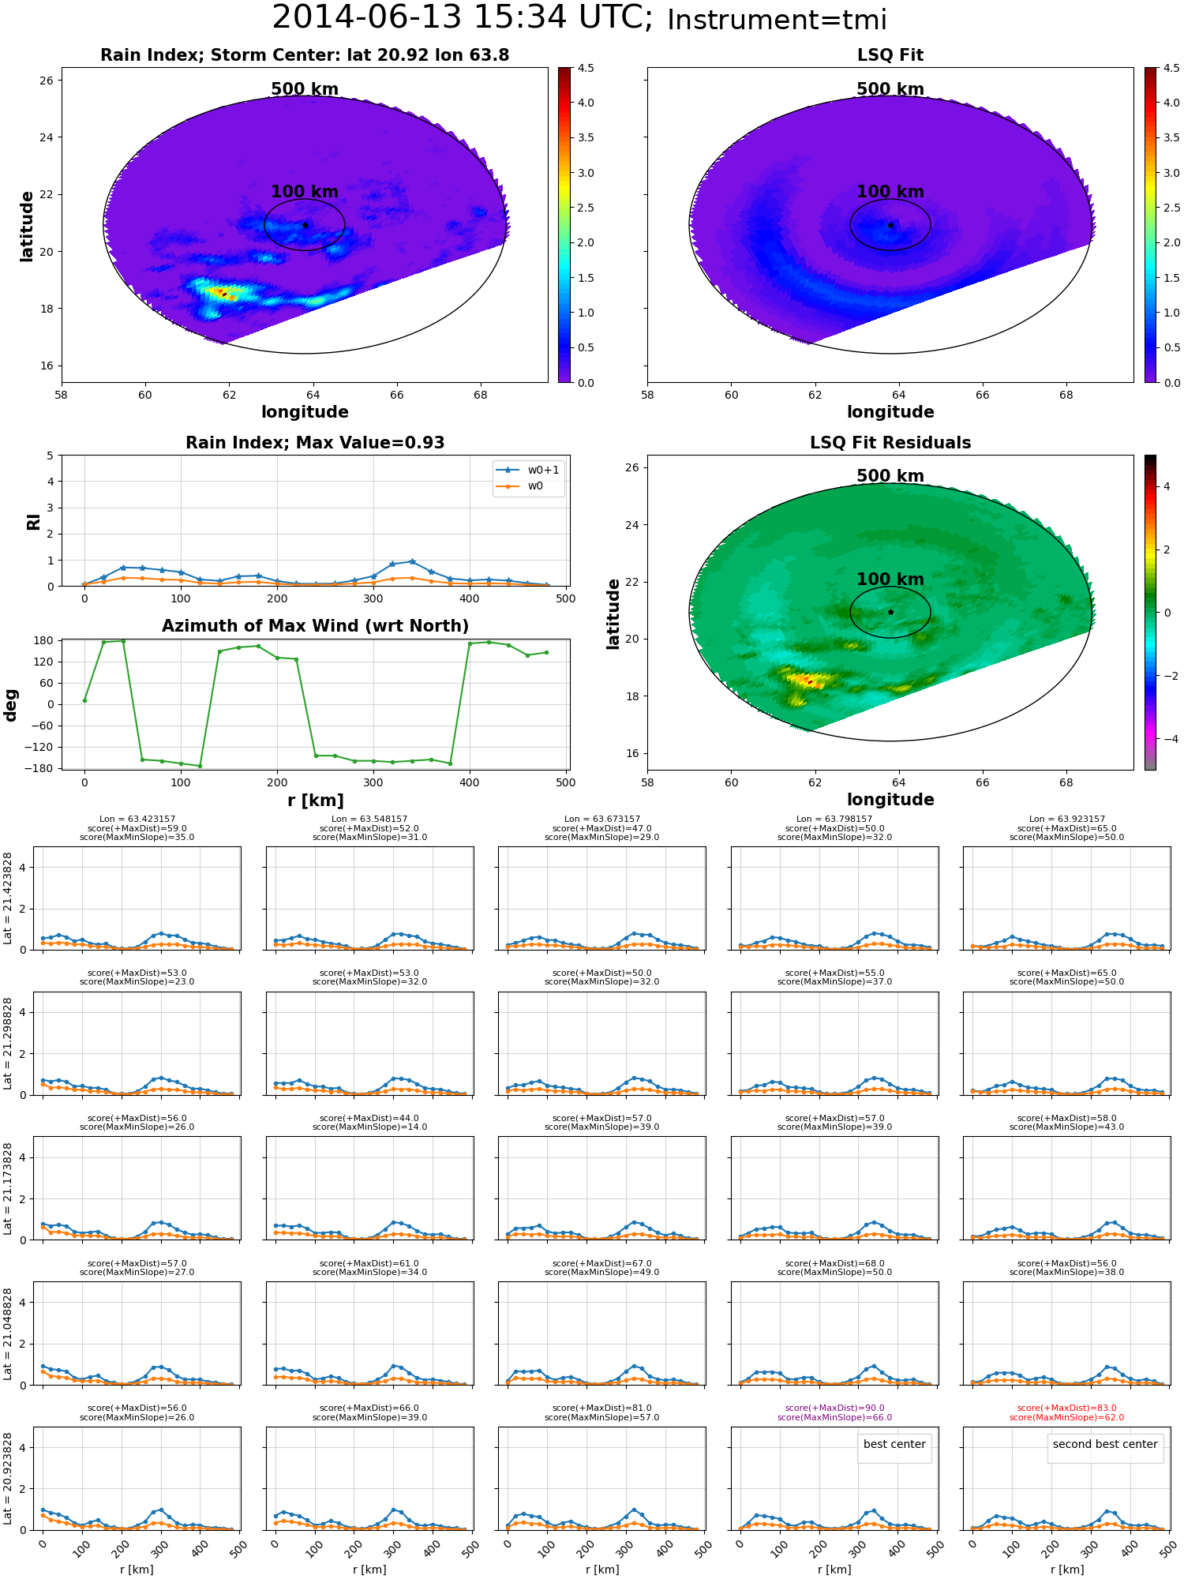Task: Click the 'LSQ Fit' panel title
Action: pos(890,55)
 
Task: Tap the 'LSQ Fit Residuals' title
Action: pos(890,443)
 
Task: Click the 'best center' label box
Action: pos(894,1444)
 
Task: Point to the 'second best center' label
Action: pos(1105,1444)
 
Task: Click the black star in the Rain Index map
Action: pos(305,225)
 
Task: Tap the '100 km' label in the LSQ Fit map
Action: pos(890,192)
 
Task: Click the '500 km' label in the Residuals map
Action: pos(890,476)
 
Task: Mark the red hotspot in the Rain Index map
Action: pos(223,294)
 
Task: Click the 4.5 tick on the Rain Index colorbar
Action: pos(586,69)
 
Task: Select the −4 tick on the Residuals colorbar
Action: pos(1166,739)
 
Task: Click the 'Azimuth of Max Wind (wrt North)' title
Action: pos(315,626)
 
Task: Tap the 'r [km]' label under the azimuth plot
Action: pos(315,801)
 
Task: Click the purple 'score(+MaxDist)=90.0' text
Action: pos(834,1408)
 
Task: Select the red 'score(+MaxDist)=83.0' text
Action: pos(1066,1408)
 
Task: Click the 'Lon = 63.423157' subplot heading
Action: pos(137,820)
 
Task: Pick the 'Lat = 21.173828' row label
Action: pos(8,1188)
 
